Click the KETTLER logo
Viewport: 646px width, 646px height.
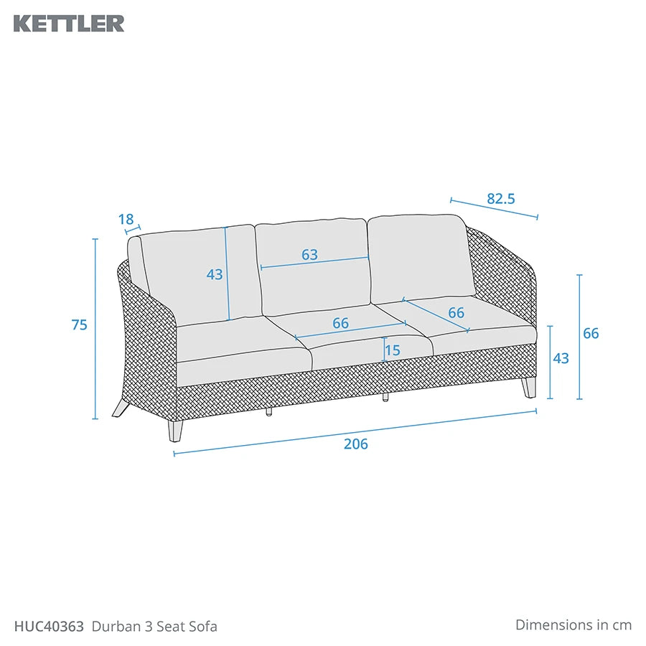pos(69,24)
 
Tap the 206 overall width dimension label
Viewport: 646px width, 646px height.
pos(355,444)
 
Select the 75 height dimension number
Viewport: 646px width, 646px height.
pos(80,325)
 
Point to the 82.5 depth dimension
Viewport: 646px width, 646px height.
pos(501,199)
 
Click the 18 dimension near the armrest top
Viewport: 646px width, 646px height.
pos(126,219)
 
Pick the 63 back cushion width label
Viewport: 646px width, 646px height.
pos(309,255)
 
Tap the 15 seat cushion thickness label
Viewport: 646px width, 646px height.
pos(393,350)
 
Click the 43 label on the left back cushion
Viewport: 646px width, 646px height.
pos(215,274)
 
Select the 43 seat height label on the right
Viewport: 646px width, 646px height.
pos(561,358)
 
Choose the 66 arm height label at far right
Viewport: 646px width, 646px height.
pos(591,333)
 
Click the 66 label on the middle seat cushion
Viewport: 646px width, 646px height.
pos(341,323)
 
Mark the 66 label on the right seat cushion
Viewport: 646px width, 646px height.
pos(456,313)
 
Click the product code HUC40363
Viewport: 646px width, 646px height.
pos(49,627)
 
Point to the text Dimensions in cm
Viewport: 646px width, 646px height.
pos(574,624)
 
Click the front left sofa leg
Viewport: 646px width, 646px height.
pos(174,431)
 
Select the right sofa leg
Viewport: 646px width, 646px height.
pos(529,388)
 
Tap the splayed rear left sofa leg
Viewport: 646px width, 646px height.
pos(121,408)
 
